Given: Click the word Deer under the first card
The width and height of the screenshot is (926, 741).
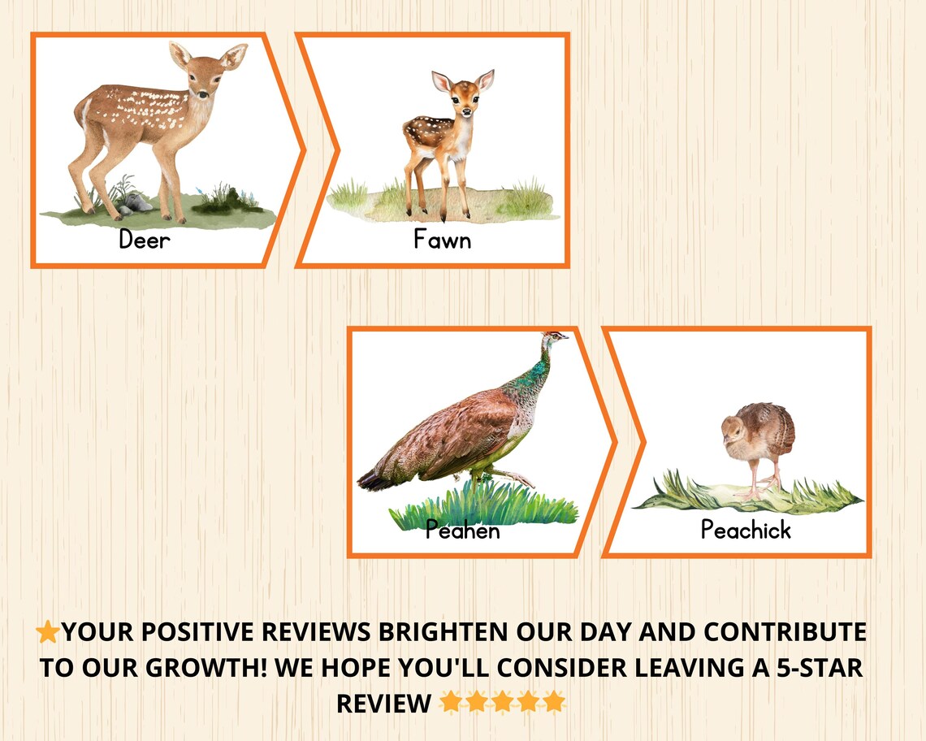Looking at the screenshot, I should click(145, 240).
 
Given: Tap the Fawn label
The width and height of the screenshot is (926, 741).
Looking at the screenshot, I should click(442, 240).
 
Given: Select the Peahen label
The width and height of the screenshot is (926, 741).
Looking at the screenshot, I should click(462, 531).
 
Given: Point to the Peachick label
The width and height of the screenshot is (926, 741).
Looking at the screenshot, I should click(745, 530).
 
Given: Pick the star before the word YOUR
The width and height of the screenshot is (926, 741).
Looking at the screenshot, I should click(48, 632).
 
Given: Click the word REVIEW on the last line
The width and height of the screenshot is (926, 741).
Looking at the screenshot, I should click(383, 703).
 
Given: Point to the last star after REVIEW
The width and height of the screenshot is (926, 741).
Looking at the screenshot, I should click(554, 702).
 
